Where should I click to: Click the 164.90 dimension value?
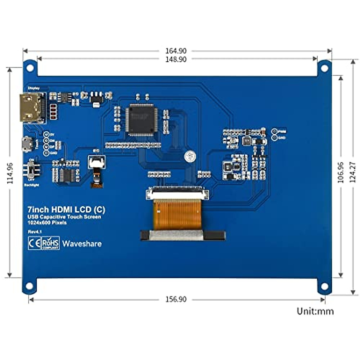click(x=176, y=51)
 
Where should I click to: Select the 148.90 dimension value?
click(x=176, y=59)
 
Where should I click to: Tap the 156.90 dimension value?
click(x=176, y=299)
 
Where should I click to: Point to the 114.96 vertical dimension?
click(x=10, y=173)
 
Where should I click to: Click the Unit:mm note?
click(x=315, y=311)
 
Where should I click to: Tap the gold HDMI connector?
click(x=31, y=108)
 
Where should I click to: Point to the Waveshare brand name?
click(x=82, y=244)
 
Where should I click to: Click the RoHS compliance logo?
click(x=50, y=243)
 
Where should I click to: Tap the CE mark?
click(x=34, y=243)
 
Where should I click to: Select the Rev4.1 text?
click(x=35, y=232)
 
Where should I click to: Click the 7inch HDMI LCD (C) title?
click(x=66, y=209)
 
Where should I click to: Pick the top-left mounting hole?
click(x=30, y=68)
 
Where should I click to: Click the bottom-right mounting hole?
click(x=324, y=286)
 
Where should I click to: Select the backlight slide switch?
click(x=31, y=169)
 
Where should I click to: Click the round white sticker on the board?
click(x=189, y=156)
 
